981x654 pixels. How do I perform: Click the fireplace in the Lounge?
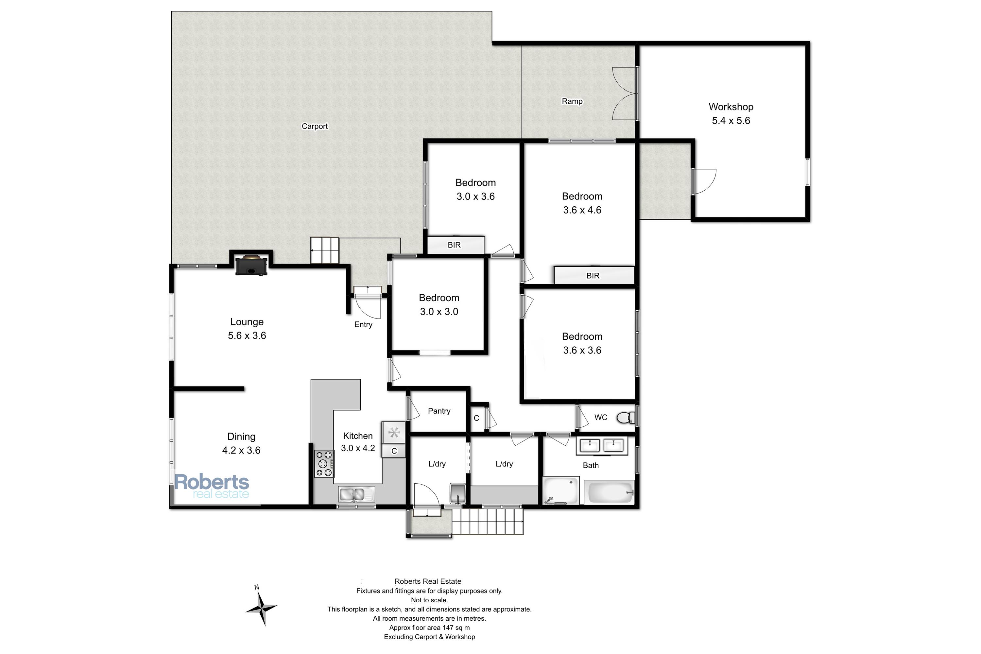pos(251,265)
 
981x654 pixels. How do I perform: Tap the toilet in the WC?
pos(625,417)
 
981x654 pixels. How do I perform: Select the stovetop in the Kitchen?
pos(324,463)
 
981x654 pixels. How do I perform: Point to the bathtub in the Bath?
pos(609,492)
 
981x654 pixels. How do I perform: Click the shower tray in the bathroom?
pos(561,491)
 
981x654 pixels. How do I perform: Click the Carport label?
pos(315,126)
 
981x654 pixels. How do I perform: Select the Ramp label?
pos(572,101)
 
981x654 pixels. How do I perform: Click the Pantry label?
pos(439,411)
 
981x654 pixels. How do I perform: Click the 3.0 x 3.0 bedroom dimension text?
pos(439,312)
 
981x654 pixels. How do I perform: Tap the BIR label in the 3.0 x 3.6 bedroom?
pos(454,245)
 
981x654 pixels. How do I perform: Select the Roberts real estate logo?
pos(212,486)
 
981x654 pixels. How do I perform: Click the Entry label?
pos(363,324)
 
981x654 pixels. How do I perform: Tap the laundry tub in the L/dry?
pos(457,493)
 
